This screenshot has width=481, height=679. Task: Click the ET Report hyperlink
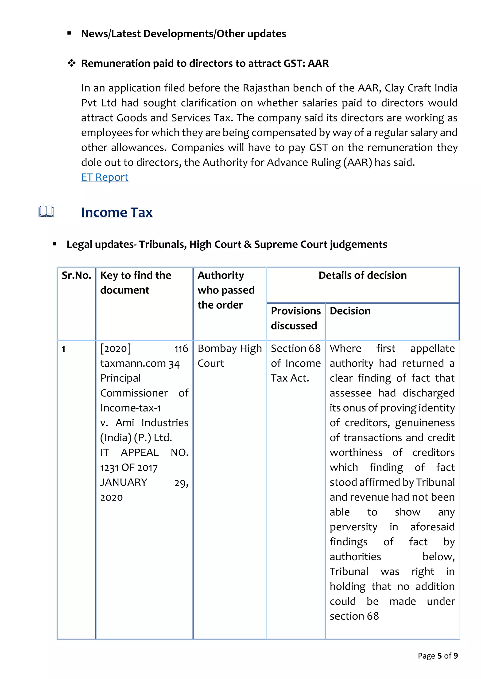pos(105,177)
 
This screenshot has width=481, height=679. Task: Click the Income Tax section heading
pos(117,212)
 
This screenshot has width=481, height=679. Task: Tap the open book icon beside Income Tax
pos(46,211)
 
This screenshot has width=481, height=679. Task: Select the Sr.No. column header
pos(76,275)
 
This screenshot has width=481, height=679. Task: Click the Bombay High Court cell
pos(229,356)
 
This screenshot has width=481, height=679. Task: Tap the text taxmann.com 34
pos(140,363)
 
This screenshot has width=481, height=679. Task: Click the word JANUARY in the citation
pos(124,482)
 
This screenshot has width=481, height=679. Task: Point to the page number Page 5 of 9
pos(438,656)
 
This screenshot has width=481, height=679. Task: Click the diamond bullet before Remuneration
pos(71,63)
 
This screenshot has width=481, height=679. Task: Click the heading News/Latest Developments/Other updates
pos(184,34)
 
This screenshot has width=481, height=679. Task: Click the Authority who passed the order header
pos(226,290)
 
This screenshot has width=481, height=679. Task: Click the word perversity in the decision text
pos(353,527)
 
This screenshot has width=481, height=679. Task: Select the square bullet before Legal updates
pos(54,244)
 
